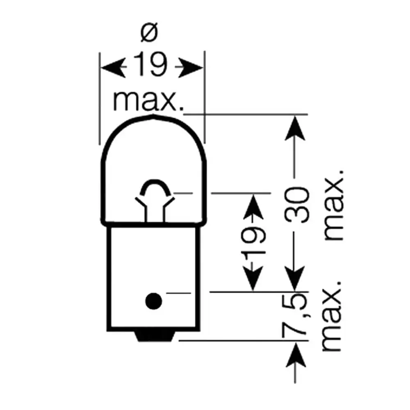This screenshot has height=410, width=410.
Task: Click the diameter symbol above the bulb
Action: coord(149,32)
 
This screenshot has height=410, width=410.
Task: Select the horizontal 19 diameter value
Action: coord(150,64)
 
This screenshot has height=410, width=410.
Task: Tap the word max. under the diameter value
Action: coord(148,101)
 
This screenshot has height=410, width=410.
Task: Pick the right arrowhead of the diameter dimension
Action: coord(190,68)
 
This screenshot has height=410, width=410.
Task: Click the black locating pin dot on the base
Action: coord(154,301)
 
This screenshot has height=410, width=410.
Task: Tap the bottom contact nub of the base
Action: coord(155,336)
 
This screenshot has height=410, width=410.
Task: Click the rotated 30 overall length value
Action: coord(297,205)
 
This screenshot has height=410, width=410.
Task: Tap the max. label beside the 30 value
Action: coord(333,205)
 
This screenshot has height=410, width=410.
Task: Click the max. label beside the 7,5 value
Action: coord(332,317)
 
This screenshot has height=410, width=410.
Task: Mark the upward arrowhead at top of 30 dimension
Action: coord(295,128)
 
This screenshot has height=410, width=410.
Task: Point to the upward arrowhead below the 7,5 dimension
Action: coord(296,355)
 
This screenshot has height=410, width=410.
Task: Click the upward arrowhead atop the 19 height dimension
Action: coord(253,207)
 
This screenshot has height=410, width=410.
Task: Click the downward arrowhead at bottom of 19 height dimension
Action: coord(253,278)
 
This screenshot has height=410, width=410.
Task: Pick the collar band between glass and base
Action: coord(154,224)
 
